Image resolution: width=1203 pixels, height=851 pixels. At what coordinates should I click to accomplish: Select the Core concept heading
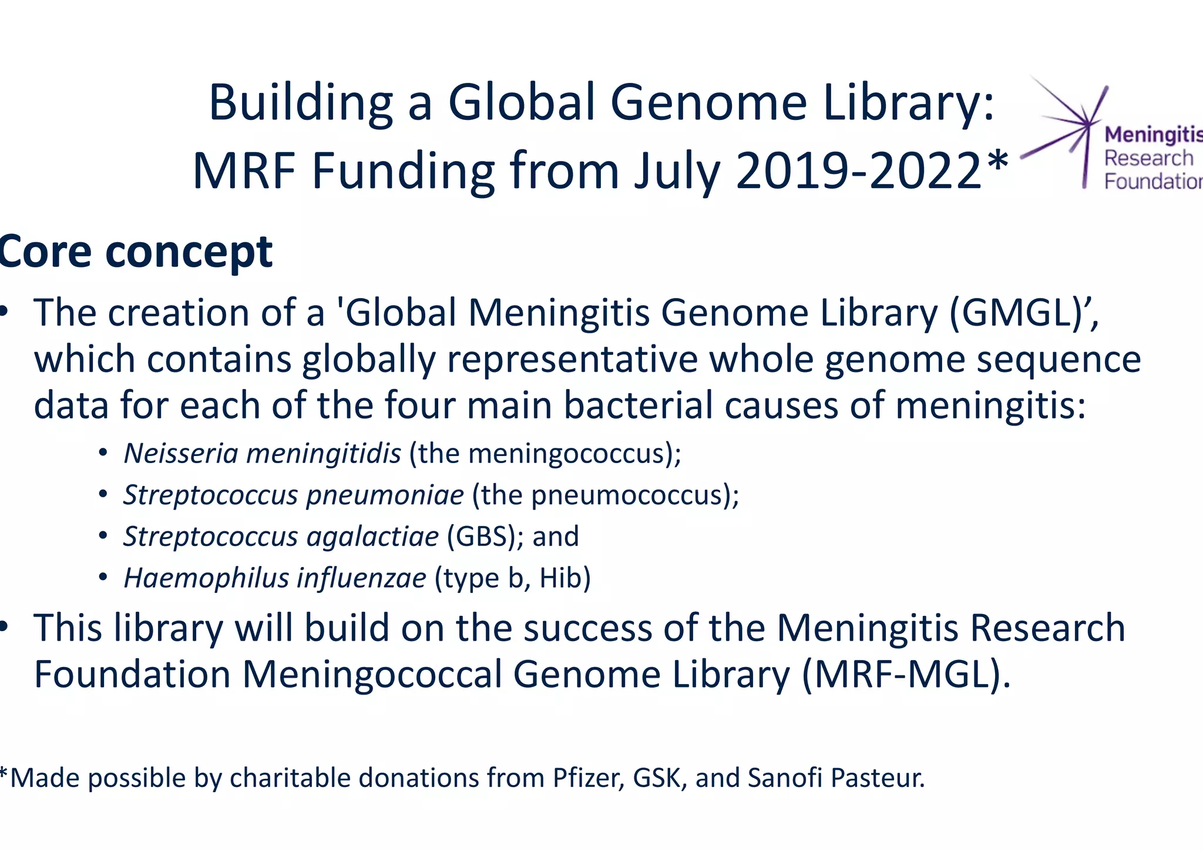[x=136, y=252]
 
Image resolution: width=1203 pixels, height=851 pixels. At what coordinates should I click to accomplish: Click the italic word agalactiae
[x=372, y=537]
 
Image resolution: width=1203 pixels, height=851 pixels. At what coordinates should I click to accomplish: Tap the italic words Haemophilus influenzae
[x=275, y=578]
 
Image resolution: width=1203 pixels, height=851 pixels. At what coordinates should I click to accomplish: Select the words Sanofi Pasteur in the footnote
[x=836, y=778]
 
